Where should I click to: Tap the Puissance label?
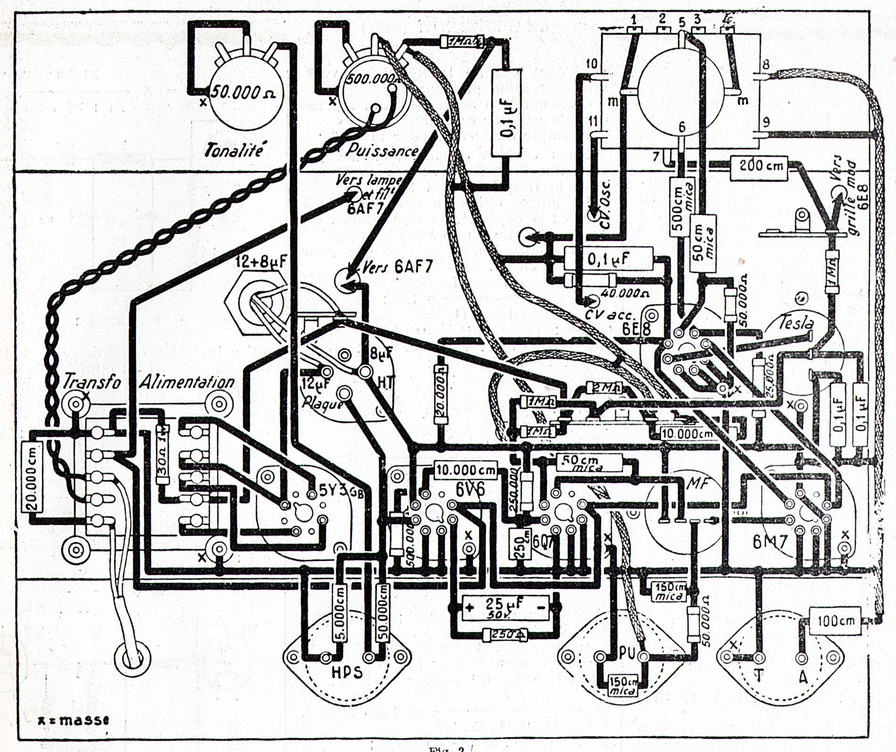(382, 150)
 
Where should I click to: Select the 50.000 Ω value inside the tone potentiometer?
(242, 92)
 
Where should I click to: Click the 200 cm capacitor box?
(758, 166)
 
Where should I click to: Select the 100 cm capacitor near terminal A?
(835, 621)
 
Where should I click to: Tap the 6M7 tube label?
(770, 542)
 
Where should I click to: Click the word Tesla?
(796, 323)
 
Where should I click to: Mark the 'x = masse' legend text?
(73, 720)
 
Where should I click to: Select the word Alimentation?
(187, 382)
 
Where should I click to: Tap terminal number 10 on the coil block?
(591, 63)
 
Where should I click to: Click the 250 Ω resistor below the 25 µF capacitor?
(505, 635)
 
